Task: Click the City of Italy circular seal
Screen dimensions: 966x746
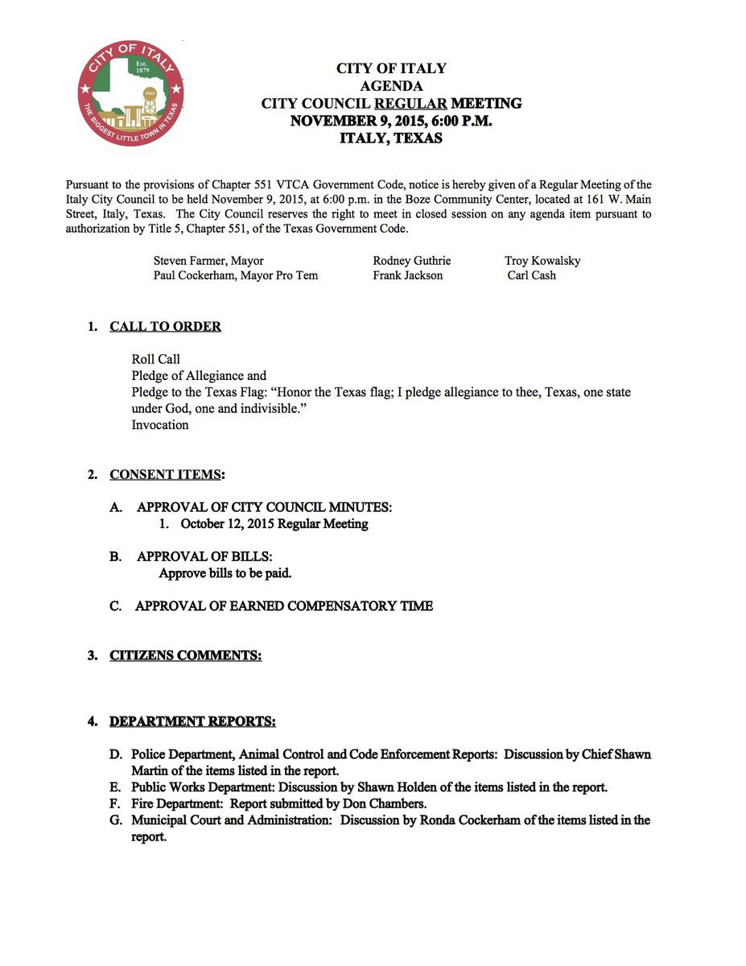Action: tap(130, 93)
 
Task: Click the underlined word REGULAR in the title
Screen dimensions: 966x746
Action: tap(410, 103)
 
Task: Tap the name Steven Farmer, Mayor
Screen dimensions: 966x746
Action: tap(208, 261)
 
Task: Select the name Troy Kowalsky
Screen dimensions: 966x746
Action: tap(542, 261)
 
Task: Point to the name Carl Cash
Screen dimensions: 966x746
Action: tap(531, 275)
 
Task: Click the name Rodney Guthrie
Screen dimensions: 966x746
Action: tap(411, 261)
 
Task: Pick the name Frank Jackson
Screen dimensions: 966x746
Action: tap(407, 275)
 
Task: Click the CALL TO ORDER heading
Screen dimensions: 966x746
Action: tap(165, 327)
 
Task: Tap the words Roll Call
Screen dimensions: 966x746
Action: tap(156, 359)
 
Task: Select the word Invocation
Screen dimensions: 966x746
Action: tap(160, 425)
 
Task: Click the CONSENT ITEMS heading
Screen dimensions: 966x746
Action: tap(167, 474)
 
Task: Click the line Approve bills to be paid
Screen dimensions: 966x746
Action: tap(225, 574)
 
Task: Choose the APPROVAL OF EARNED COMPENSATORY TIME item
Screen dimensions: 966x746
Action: tap(283, 606)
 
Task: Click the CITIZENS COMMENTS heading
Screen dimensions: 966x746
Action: tap(185, 655)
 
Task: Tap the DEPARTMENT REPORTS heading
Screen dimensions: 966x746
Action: tap(192, 721)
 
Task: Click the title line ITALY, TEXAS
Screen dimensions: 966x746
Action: tap(391, 138)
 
